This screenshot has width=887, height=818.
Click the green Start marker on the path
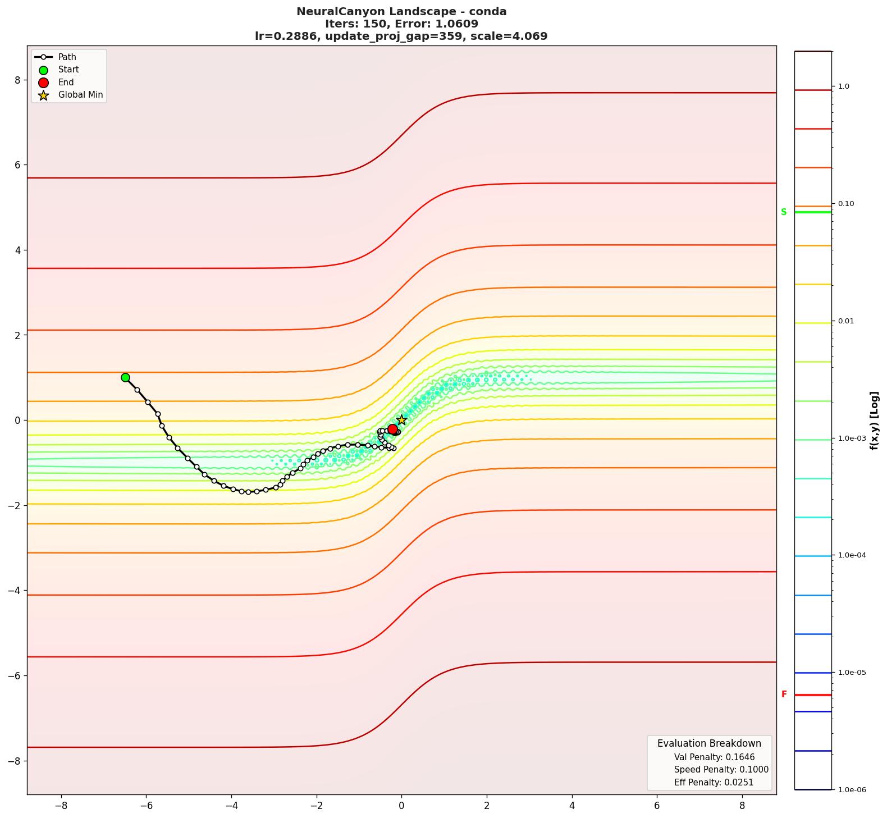[125, 377]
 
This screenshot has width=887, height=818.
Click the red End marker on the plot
[392, 429]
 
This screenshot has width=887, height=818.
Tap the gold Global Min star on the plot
[401, 420]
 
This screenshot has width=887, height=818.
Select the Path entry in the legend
[67, 57]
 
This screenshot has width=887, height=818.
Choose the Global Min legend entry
[80, 95]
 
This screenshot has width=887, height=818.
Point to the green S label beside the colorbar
[784, 212]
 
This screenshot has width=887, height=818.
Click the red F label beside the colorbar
[784, 694]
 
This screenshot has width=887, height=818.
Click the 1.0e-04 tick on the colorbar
[852, 555]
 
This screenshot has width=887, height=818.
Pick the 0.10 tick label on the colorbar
[845, 204]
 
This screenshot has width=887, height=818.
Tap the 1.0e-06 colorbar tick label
[852, 790]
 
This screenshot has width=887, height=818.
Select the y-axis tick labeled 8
[17, 80]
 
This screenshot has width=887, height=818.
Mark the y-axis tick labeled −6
[14, 675]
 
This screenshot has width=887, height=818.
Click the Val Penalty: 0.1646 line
[714, 757]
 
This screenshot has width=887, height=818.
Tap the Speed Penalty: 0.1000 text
[721, 770]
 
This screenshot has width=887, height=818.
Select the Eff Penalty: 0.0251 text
[714, 782]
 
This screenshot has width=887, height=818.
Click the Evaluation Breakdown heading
[709, 743]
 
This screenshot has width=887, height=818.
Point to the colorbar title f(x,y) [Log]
[874, 421]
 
